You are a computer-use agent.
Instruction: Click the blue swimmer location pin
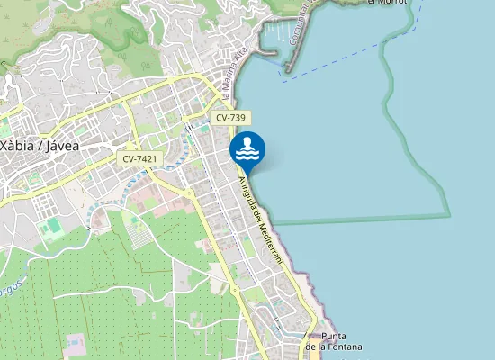[247, 149]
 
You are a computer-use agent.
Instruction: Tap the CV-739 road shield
[232, 118]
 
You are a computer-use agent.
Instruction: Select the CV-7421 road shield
[139, 158]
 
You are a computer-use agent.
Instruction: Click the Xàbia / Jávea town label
[40, 145]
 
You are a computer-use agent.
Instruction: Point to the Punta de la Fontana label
[333, 342]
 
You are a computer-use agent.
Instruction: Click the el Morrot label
[388, 3]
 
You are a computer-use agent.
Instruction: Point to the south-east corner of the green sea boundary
[449, 215]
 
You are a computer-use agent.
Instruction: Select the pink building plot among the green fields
[74, 345]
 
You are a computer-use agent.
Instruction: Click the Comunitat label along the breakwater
[306, 18]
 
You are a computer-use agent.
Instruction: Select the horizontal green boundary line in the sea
[360, 219]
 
